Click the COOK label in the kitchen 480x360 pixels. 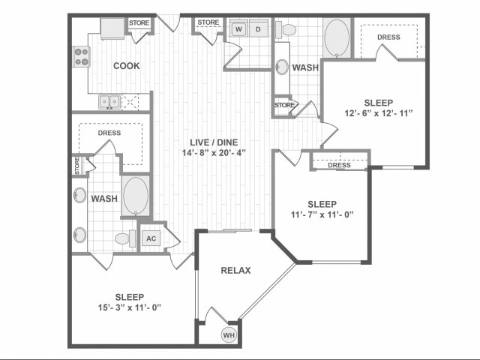pyautogui.click(x=126, y=66)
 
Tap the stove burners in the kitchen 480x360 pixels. pyautogui.click(x=81, y=56)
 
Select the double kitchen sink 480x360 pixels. pyautogui.click(x=109, y=101)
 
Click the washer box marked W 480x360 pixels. pyautogui.click(x=238, y=29)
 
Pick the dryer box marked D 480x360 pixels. pyautogui.click(x=258, y=29)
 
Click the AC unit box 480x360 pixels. pyautogui.click(x=151, y=238)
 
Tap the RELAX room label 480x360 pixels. pyautogui.click(x=235, y=271)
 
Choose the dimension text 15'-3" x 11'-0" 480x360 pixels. pyautogui.click(x=120, y=307)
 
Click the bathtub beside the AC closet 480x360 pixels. pyautogui.click(x=136, y=196)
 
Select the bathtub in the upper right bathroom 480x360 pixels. pyautogui.click(x=336, y=37)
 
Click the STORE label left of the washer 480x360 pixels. pyautogui.click(x=208, y=22)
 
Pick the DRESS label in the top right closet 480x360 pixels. pyautogui.click(x=388, y=37)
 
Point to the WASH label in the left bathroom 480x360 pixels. pyautogui.click(x=103, y=199)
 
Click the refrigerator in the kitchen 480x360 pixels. pyautogui.click(x=113, y=29)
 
